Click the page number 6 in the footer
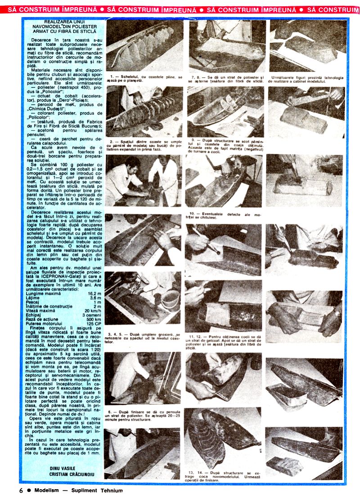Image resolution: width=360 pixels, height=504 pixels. (21, 490)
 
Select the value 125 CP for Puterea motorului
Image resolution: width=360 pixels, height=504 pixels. (93, 323)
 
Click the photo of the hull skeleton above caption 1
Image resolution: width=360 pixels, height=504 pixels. (144, 45)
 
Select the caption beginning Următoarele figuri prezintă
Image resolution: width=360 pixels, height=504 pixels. (306, 79)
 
